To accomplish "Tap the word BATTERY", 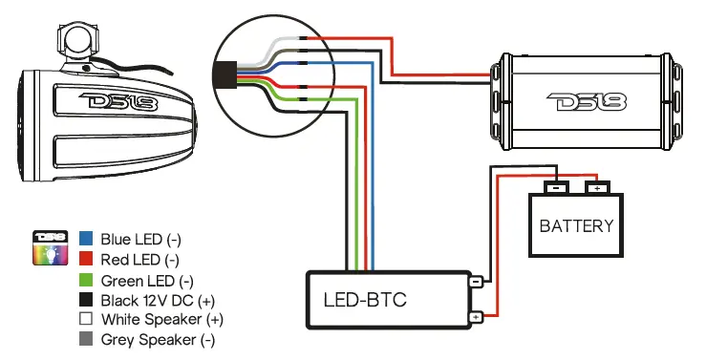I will [576, 226].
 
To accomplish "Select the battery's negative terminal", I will [556, 187].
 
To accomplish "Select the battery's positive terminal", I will [597, 187].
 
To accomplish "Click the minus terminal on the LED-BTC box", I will [475, 282].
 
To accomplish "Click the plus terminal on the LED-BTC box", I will [475, 317].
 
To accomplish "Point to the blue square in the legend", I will [86, 238].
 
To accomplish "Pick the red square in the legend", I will [86, 259].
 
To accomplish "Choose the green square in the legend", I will [86, 280].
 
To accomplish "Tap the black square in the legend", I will [86, 300].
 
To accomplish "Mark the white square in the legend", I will [86, 319].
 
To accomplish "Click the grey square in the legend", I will [86, 339].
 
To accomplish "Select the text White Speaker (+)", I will [161, 319].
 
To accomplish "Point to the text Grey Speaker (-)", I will [158, 339].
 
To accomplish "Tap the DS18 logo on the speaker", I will [108, 101].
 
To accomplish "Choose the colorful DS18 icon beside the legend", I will [49, 247].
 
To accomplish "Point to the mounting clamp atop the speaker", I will [76, 44].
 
